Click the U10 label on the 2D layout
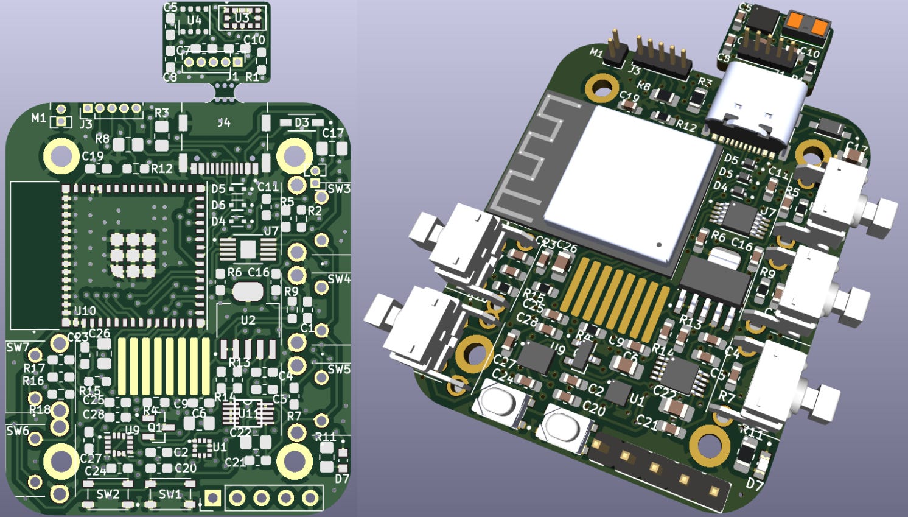click(85, 311)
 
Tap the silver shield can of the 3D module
click(633, 183)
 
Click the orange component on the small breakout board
click(807, 24)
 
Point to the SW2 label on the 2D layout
click(108, 494)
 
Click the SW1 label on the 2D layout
click(170, 494)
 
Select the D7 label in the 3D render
click(755, 485)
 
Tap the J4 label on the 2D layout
click(224, 122)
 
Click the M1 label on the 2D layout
click(39, 118)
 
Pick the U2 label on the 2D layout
click(248, 320)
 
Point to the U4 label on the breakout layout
click(194, 21)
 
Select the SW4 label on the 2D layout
click(339, 279)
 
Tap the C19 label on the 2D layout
click(93, 156)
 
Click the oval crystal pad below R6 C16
click(247, 292)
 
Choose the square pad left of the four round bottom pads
click(212, 498)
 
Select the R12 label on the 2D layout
click(162, 168)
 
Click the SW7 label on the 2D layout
click(18, 348)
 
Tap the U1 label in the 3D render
click(637, 400)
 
